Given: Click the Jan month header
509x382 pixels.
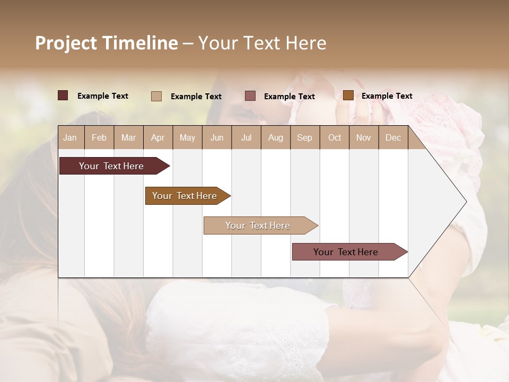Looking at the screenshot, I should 70,137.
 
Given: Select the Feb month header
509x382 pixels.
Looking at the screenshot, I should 99,137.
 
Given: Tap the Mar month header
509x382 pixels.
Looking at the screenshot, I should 128,137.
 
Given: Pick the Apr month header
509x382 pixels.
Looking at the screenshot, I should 157,137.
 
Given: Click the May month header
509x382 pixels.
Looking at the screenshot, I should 187,137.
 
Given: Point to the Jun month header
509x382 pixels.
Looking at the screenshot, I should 217,137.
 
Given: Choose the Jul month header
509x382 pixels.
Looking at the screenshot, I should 246,137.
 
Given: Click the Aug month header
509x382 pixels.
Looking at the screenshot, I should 275,137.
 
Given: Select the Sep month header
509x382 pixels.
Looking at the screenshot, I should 304,137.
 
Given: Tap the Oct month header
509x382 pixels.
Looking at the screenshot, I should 335,137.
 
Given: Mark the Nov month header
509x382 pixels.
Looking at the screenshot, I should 364,137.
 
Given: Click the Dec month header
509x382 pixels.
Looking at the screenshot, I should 393,137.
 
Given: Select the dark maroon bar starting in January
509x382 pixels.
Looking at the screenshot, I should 112,166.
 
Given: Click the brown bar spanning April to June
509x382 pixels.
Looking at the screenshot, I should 185,196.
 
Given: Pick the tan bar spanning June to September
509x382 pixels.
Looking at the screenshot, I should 258,225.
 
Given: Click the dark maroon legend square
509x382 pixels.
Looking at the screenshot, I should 63,95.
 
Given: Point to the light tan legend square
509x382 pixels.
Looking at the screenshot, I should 156,96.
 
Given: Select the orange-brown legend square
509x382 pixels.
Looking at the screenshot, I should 348,95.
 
